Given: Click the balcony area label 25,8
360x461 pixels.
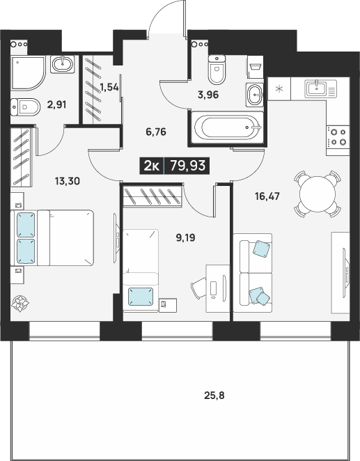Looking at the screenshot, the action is coord(214,396).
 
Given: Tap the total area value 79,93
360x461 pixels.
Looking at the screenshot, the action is coord(188,166).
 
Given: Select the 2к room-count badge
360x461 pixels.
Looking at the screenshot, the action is coord(151,166).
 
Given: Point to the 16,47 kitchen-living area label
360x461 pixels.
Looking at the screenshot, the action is coord(267,196).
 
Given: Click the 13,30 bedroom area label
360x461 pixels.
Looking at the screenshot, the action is coord(68,181).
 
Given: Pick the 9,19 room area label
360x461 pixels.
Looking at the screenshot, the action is coord(185,237).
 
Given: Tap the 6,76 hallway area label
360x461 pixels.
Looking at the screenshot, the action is coord(156,132).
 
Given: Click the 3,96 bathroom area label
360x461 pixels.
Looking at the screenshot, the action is coord(208,95).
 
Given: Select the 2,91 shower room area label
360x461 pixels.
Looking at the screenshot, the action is coord(56,104).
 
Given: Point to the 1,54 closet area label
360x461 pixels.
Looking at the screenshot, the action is coord(109,87).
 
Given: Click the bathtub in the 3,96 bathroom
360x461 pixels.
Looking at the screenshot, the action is coord(227,127).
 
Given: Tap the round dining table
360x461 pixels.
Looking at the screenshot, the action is coord(318,194).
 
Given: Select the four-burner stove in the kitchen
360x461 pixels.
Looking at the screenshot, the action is coord(338,137).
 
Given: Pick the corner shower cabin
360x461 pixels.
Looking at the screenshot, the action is coord(29,73).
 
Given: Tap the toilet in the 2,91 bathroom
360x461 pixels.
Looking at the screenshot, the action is coord(25,107).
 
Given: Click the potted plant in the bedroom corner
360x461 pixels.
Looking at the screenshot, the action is coord(20,304).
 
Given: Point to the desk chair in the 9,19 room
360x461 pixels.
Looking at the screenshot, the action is coord(199,288).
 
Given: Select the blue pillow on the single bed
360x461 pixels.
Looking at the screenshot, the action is coord(141,297).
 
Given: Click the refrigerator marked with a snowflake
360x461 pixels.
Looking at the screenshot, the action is coord(279,89).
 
